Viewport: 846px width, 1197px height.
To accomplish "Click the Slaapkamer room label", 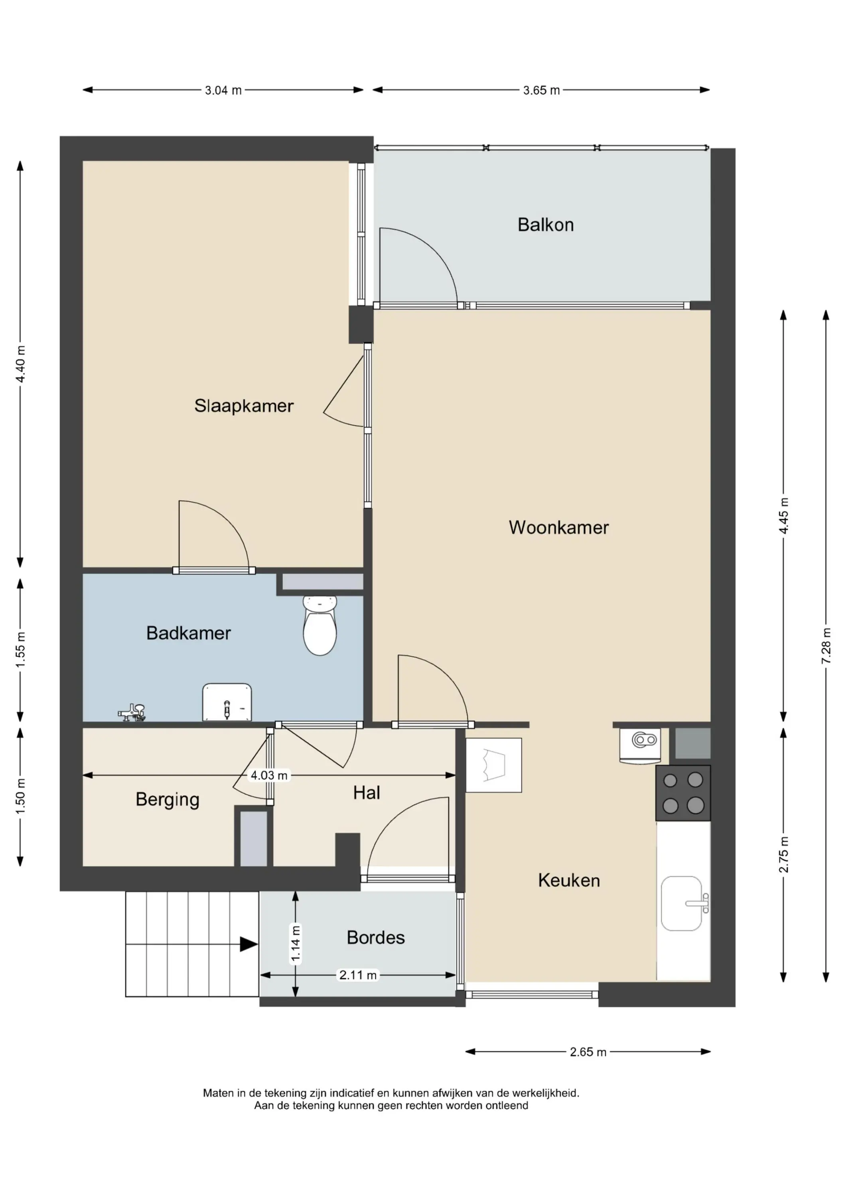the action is tap(244, 406).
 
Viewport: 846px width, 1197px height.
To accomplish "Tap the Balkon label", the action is tap(546, 225).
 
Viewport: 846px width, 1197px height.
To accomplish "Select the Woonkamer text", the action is tap(559, 527).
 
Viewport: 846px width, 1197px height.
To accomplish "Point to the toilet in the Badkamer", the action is tap(320, 626).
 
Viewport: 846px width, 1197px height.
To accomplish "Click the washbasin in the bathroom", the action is tap(227, 702).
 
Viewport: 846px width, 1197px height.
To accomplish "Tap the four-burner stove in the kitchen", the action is tap(683, 793).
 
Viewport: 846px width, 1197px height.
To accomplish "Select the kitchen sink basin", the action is tap(682, 903).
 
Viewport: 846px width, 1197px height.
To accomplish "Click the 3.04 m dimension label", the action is tap(223, 90).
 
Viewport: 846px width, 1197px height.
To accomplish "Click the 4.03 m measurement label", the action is tap(269, 775).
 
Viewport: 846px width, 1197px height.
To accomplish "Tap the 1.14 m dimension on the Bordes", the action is tap(296, 943).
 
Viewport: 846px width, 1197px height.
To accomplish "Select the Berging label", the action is tap(167, 800).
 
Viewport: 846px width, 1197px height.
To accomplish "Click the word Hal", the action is tap(367, 793).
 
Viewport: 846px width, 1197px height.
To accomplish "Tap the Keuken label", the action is tap(569, 881).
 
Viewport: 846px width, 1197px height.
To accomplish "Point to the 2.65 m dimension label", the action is tap(588, 1052).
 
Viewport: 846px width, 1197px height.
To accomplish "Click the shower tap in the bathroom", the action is tap(131, 712).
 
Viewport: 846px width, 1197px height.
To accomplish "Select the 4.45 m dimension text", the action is tap(783, 516).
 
